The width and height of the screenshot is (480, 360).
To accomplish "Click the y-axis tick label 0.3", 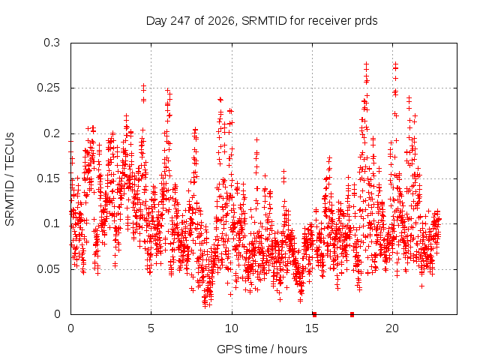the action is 52,43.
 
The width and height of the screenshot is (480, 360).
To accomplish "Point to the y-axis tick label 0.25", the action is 48,88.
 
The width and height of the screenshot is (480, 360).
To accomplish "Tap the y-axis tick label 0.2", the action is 52,133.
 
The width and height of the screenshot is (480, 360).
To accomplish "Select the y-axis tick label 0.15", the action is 48,178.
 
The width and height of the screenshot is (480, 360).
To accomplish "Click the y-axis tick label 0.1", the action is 52,223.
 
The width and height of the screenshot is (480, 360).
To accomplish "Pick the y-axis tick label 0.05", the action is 48,269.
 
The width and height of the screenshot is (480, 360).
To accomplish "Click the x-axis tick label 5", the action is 151,328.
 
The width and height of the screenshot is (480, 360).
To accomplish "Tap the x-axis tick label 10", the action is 232,328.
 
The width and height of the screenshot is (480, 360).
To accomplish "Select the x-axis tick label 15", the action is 312,328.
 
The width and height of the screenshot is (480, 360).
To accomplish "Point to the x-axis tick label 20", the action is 392,328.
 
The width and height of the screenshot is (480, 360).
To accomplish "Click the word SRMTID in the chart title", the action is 264,21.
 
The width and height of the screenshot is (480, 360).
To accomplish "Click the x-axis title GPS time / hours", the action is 262,349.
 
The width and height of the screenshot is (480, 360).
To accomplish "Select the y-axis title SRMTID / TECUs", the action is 10,179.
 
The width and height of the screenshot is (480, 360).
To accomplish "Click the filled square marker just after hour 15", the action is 314,314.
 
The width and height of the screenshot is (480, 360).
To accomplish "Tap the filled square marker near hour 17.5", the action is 352,314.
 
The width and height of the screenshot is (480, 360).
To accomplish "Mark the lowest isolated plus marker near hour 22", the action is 421,286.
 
